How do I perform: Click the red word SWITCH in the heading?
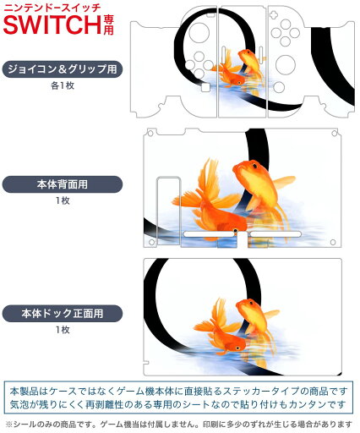coord(52,25)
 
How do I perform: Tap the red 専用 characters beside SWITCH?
coord(108,25)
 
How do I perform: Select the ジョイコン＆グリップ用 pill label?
coord(63,69)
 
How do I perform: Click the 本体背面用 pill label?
coord(63,184)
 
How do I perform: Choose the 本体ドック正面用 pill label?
coord(63,314)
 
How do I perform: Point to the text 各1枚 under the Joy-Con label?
coord(63,85)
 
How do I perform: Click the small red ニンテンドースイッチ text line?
coord(52,8)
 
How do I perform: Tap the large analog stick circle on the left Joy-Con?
coord(199,33)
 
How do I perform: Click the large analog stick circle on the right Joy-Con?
coord(286,64)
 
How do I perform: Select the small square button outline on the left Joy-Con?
coord(205,87)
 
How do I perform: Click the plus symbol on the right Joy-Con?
coord(273,14)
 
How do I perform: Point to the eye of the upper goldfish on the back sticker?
coord(254,166)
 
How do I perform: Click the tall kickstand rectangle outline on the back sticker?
coord(168,211)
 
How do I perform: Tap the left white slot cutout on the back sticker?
coord(209,234)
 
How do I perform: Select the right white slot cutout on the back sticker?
coord(275,234)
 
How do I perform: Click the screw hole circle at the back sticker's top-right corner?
coord(335,134)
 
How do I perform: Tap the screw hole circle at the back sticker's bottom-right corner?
coord(333,242)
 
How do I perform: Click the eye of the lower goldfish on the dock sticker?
coord(238,348)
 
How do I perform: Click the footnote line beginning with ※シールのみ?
coord(179,424)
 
